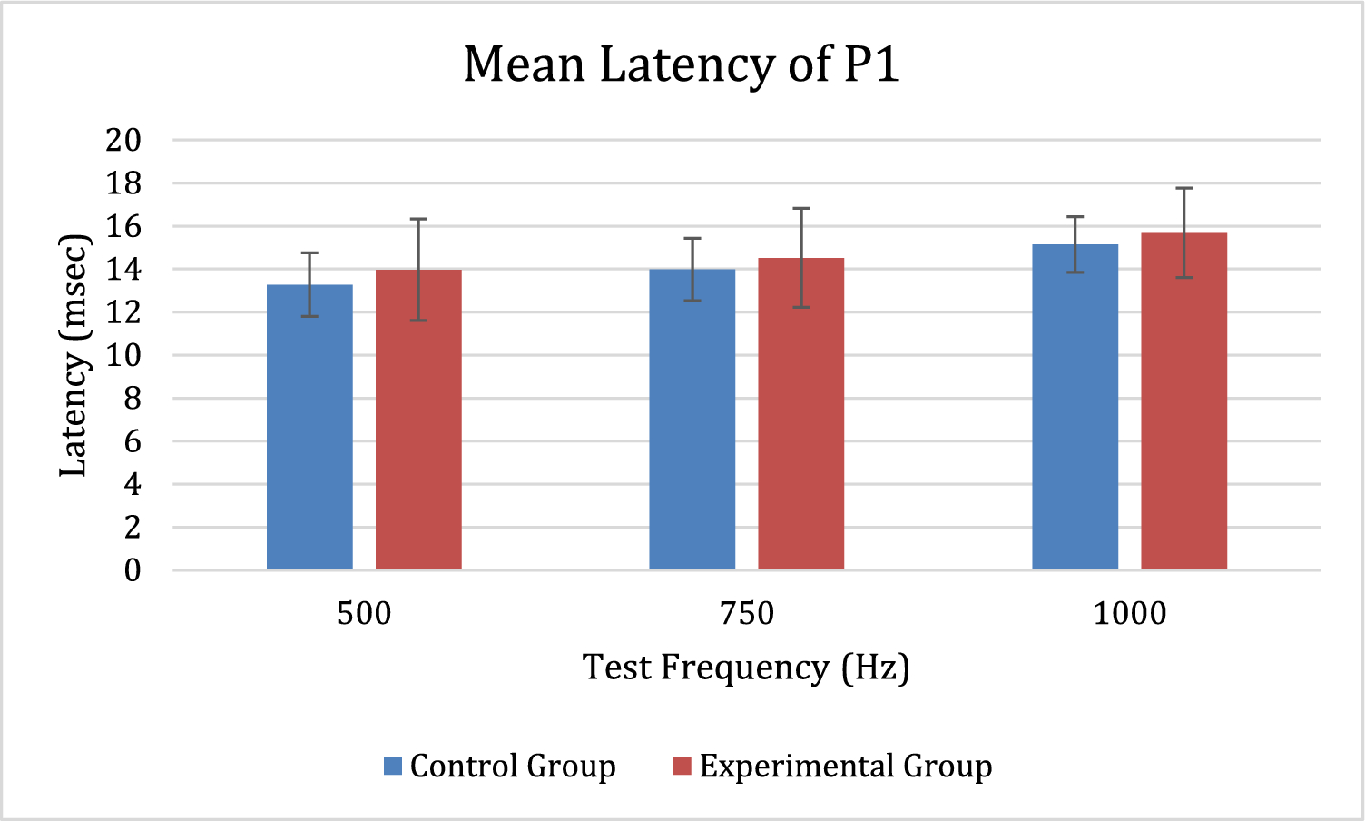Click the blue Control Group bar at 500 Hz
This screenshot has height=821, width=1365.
[309, 427]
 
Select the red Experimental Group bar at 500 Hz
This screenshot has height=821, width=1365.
[418, 420]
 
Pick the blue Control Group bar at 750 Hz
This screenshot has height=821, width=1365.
[692, 419]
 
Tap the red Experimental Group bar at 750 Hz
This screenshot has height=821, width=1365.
[801, 414]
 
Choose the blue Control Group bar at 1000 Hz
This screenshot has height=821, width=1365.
[1075, 407]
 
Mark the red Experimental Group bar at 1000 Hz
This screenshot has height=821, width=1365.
[1184, 401]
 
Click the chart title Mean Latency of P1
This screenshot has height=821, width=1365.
[681, 64]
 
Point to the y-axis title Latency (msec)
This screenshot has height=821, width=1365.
[74, 355]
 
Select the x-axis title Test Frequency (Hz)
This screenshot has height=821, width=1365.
[745, 668]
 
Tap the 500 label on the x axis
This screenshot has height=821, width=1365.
[364, 614]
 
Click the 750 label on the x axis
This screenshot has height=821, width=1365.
[747, 614]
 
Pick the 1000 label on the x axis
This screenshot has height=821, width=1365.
[1130, 614]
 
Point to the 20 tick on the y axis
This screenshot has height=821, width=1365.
[123, 140]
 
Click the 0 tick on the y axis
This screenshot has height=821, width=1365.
[133, 570]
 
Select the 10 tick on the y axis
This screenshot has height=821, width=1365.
[123, 355]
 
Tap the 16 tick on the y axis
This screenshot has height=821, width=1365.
[123, 226]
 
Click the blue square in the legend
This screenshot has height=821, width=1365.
[393, 766]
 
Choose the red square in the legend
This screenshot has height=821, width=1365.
[682, 766]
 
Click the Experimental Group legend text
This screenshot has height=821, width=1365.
[846, 767]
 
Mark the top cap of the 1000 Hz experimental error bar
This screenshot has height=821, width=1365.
[1184, 188]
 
